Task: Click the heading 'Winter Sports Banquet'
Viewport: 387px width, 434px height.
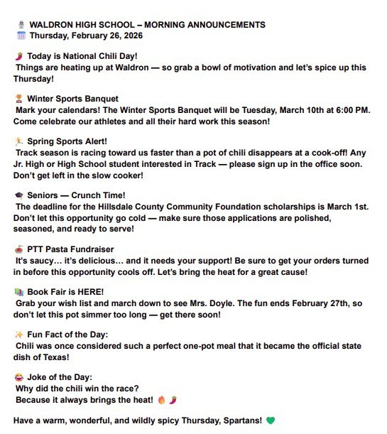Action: click(72, 99)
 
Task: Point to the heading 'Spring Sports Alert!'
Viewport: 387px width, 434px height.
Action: click(67, 141)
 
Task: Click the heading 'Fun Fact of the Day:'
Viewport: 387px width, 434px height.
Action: click(67, 335)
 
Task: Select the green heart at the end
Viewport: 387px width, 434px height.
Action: click(271, 421)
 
